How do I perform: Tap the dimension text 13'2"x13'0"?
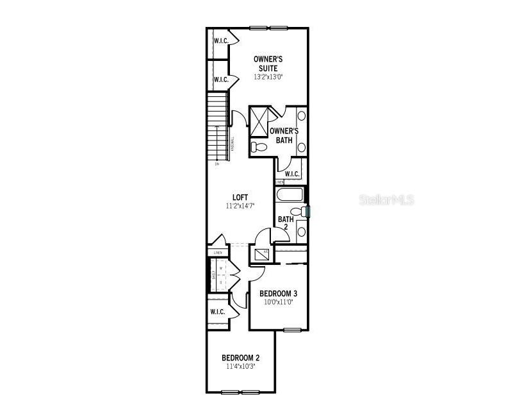point(268,77)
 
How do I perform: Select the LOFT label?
point(240,198)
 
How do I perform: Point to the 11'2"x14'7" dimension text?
point(240,207)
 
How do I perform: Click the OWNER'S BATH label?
point(284,135)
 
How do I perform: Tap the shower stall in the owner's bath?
point(259,121)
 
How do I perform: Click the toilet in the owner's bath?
point(259,148)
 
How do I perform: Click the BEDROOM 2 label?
point(240,358)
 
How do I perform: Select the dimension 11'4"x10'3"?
point(240,367)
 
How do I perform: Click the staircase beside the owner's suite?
point(218,126)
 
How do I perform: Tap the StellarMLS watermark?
point(386,200)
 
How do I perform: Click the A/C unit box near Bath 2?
point(261,254)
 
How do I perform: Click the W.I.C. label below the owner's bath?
point(291,174)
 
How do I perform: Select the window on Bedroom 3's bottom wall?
point(292,330)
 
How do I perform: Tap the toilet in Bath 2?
point(297,211)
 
